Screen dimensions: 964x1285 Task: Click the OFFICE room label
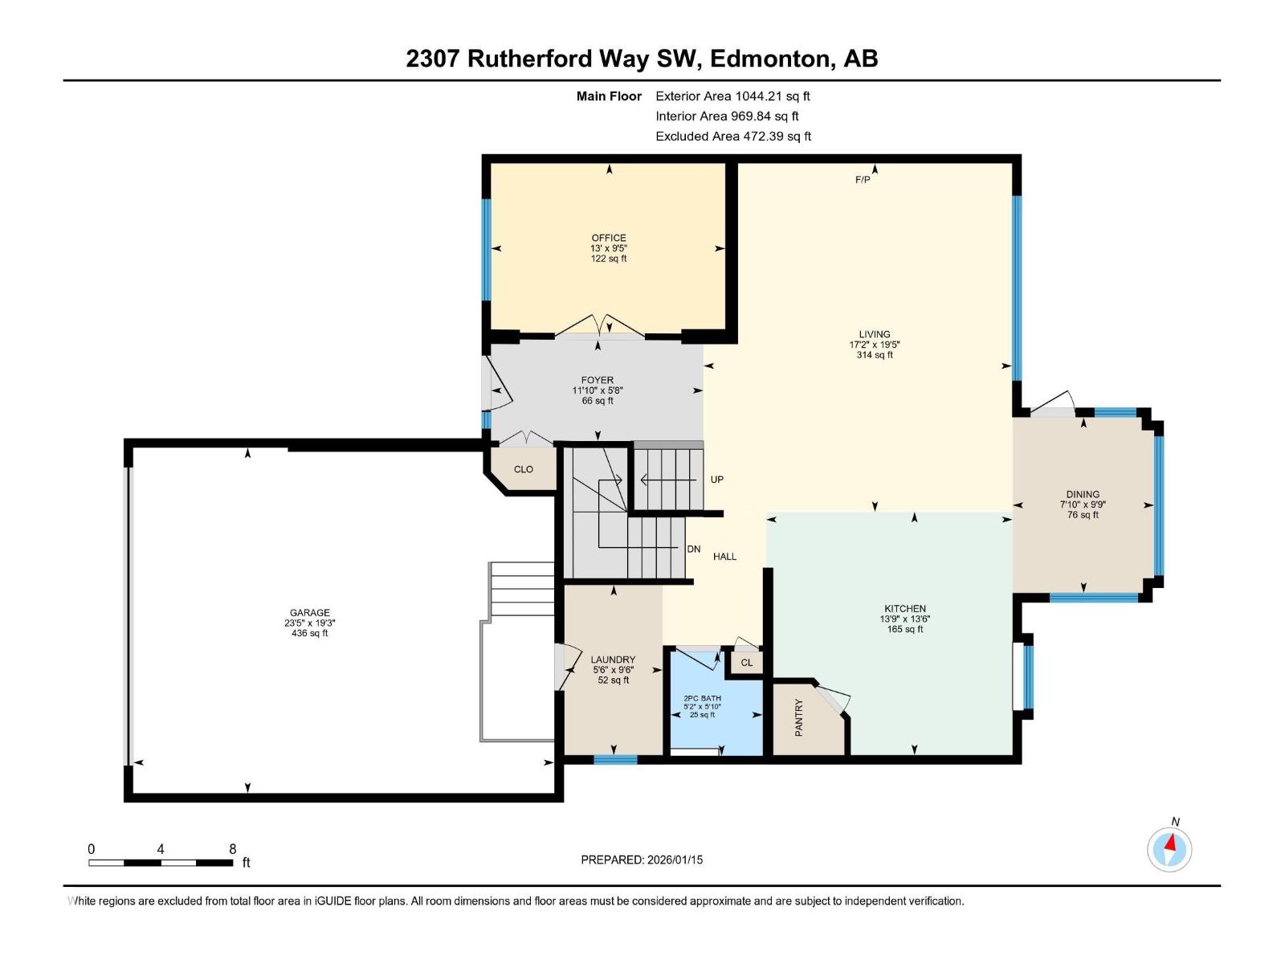[608, 238]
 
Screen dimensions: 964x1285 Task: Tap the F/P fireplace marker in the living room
[862, 180]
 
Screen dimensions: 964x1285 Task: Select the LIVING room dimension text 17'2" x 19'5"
[874, 345]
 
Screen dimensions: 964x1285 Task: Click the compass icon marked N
[1169, 849]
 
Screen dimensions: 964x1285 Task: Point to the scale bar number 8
[232, 849]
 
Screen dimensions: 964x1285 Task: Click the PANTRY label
[798, 717]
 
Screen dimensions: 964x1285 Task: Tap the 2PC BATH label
[702, 698]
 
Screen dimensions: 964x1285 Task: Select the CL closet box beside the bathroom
[746, 663]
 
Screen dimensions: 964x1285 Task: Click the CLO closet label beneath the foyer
[523, 469]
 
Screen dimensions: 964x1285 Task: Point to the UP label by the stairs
[716, 480]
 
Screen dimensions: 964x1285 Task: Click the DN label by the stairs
[694, 549]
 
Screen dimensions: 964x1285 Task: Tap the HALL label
[724, 556]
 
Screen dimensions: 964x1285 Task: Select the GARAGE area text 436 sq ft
[309, 633]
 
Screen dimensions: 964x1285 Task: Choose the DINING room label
[1083, 495]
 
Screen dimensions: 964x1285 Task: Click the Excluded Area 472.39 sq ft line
[732, 137]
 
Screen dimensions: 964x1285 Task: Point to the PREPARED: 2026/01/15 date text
[642, 860]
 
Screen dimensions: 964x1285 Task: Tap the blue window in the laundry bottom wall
[615, 759]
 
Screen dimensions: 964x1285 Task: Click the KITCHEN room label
[904, 609]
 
